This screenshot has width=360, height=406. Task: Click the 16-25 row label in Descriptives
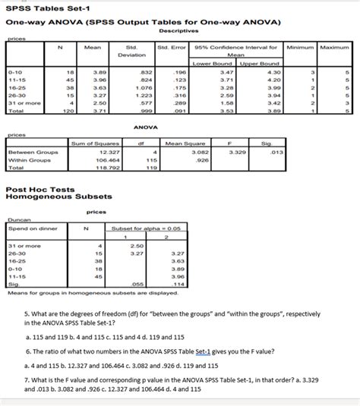[x=18, y=88]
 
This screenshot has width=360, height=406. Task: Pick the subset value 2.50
[x=137, y=245]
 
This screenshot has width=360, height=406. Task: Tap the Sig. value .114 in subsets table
[x=179, y=284]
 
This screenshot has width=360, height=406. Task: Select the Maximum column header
[x=334, y=48]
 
